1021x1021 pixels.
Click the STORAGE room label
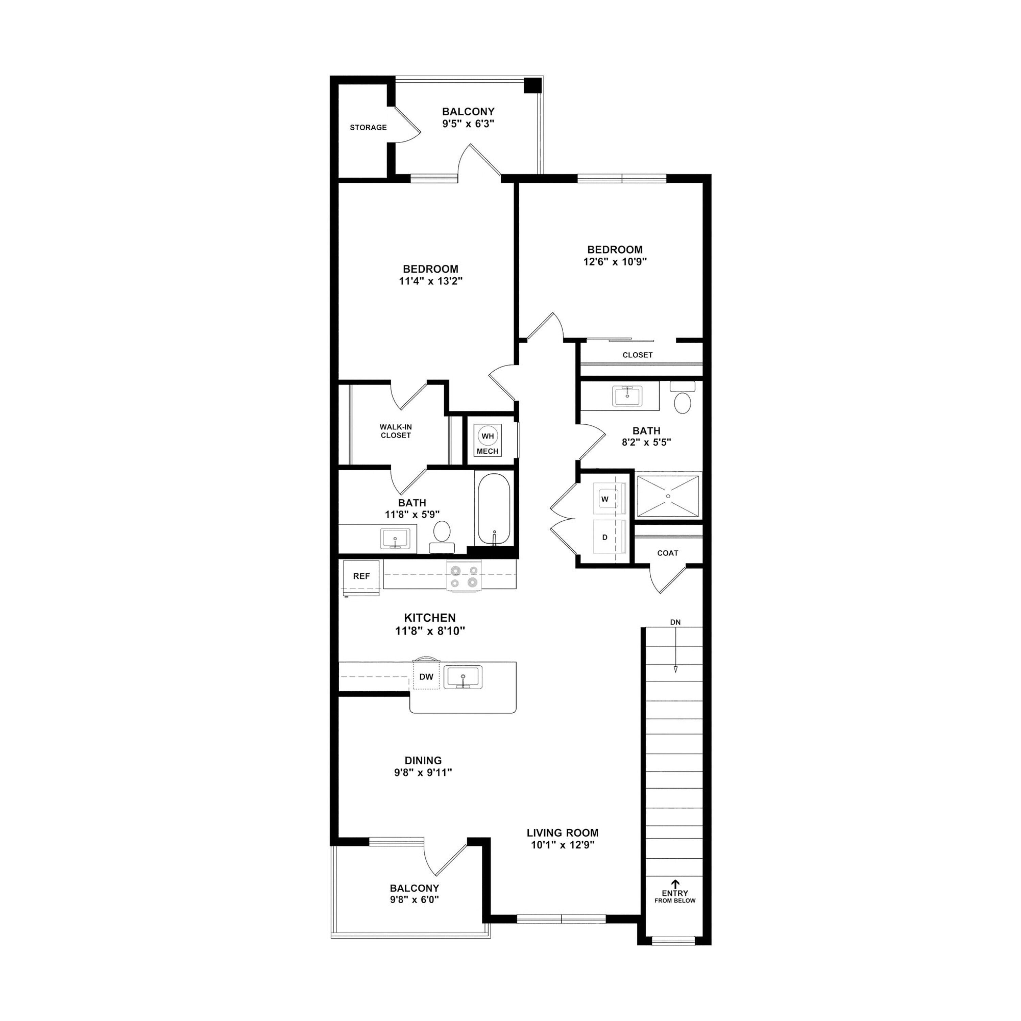click(x=368, y=127)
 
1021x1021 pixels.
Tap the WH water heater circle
click(x=487, y=436)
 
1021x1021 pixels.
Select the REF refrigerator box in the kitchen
click(x=361, y=577)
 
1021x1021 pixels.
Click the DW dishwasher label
click(x=426, y=677)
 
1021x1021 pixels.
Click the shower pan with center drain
click(x=668, y=496)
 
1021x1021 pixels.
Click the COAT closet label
click(x=667, y=553)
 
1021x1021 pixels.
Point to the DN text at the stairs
click(x=675, y=622)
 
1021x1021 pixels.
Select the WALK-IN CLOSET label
click(x=396, y=431)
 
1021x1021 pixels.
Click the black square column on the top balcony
click(x=532, y=85)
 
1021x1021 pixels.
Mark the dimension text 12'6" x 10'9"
click(x=615, y=262)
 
